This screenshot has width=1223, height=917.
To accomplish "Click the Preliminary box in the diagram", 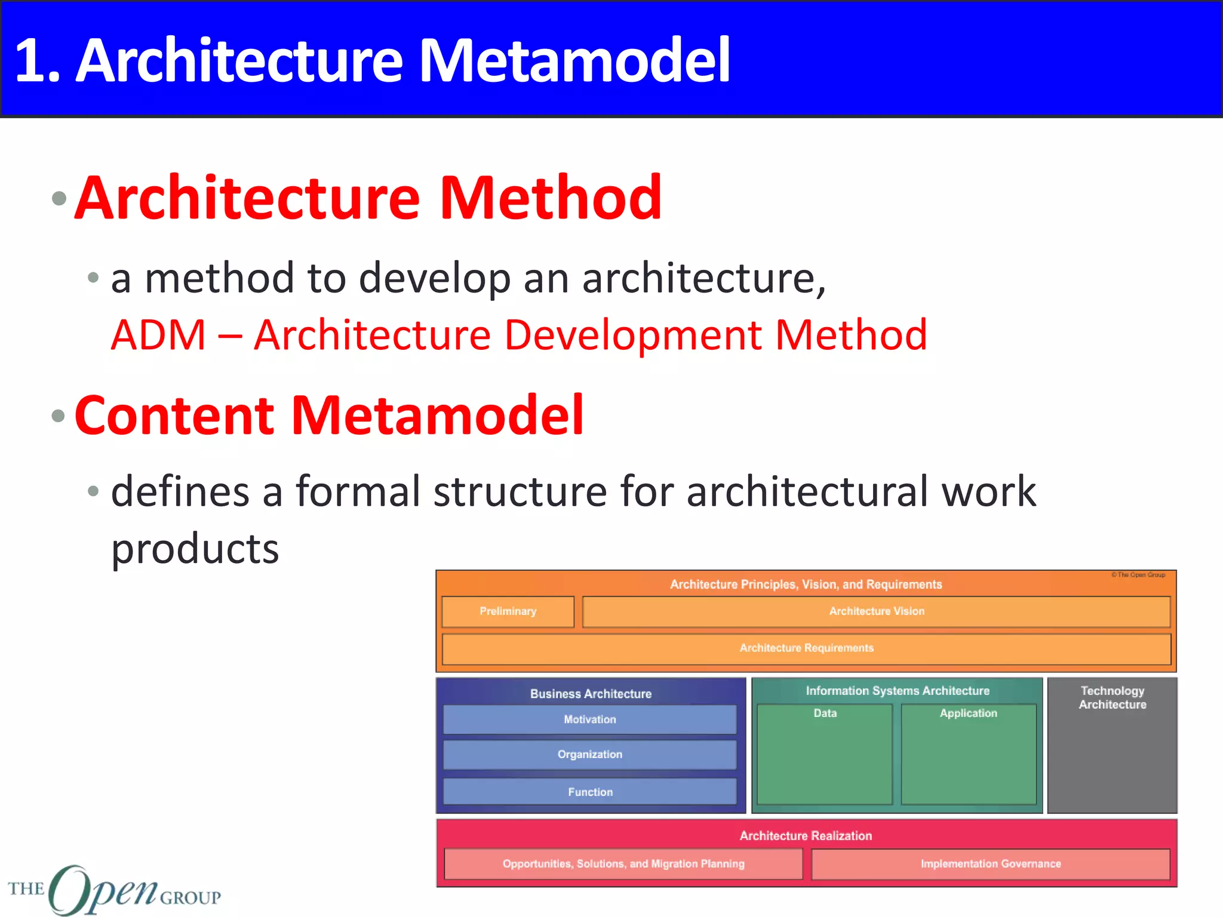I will (x=508, y=611).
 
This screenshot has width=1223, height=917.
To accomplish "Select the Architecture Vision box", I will (x=876, y=611).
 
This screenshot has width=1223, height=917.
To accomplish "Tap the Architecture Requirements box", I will (x=806, y=648).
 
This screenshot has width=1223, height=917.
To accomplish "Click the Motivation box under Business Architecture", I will (x=589, y=719).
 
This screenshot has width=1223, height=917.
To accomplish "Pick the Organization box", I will (x=589, y=755).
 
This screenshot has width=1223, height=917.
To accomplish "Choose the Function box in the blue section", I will (x=589, y=792).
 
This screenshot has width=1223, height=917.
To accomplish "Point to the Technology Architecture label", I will (x=1112, y=697).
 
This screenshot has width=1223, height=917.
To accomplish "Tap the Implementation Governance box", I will (x=990, y=864).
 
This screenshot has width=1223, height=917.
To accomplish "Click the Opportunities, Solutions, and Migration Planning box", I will (x=623, y=864).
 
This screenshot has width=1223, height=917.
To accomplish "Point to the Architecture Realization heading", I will (x=805, y=836).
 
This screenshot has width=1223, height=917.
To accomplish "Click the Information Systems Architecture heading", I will (x=897, y=691).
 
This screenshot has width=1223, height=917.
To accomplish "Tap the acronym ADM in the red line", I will (x=158, y=335).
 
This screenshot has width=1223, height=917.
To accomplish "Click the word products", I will (x=195, y=549).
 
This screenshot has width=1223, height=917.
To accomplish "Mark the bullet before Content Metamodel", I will (x=59, y=416).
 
